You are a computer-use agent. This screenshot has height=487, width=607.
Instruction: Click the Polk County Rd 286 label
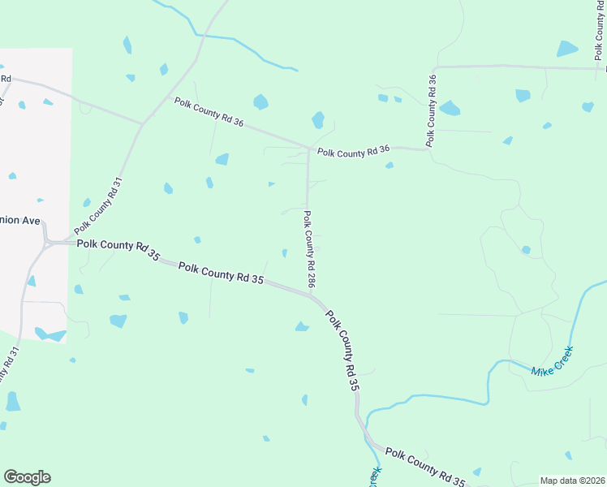click(309, 249)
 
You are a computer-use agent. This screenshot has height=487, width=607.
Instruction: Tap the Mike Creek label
click(552, 361)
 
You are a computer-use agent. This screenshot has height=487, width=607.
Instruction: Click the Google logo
click(27, 477)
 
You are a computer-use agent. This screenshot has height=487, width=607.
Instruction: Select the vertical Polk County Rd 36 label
click(432, 110)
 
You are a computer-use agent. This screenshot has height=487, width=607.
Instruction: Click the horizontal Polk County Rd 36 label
click(354, 151)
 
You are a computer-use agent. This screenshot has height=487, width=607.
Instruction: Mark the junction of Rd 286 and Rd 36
click(308, 149)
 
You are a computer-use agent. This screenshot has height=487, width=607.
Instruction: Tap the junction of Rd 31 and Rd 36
click(143, 123)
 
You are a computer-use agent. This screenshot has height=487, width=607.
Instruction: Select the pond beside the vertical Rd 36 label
click(449, 107)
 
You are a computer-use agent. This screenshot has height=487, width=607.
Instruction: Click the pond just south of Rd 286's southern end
click(302, 326)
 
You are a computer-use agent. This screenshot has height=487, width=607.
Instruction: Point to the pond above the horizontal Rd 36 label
click(318, 120)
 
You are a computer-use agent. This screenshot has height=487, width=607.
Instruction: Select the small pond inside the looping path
click(526, 250)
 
